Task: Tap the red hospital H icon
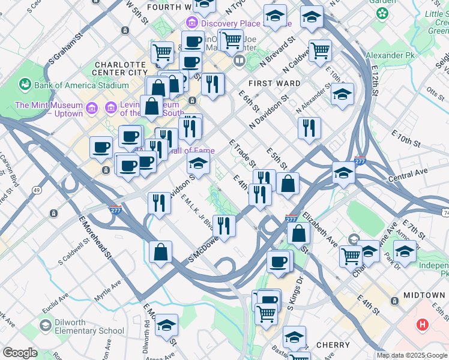pos(423,325)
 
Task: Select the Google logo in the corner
pos(20,353)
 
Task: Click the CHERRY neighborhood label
pos(332,345)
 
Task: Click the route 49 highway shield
pos(37,190)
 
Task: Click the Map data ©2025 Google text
pos(412,355)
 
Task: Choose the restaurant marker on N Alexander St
pos(309,127)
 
